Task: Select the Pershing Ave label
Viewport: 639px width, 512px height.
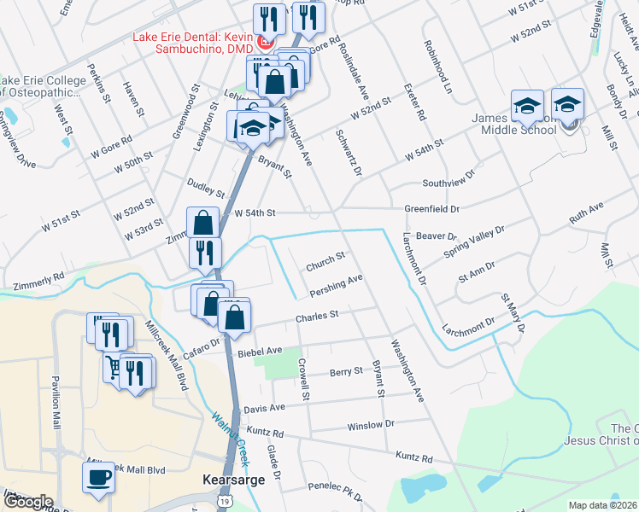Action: coord(337,283)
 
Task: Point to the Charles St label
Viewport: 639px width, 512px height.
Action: coord(317,317)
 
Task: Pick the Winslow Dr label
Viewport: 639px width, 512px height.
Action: coord(371,425)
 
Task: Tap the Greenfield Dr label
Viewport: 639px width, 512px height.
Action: coord(431,208)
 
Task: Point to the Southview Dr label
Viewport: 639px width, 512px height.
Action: coord(448,183)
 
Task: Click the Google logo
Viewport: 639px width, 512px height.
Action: coord(28,502)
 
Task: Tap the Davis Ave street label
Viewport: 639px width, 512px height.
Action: coord(263,410)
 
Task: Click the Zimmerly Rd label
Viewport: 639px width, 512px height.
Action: coord(39,277)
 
